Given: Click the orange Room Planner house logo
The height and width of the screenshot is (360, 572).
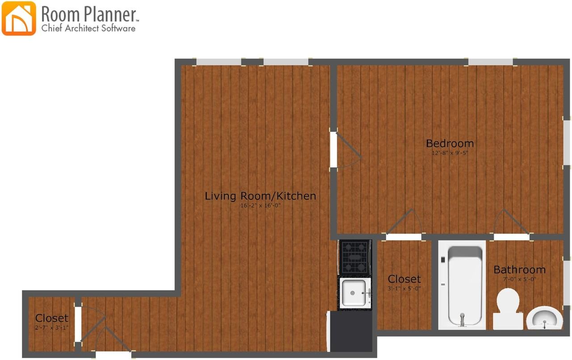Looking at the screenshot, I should [x=19, y=18].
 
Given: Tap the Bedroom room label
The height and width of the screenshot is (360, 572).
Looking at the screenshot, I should [x=450, y=144].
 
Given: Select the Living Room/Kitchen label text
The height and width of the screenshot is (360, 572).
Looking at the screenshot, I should [x=260, y=196].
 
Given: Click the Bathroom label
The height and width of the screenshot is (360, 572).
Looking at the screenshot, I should [x=519, y=270].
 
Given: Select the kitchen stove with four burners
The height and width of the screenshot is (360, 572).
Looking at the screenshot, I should [x=355, y=258].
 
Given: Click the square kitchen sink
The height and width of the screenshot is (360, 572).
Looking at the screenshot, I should [x=355, y=293].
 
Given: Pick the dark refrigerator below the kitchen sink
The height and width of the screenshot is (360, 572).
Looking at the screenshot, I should [x=351, y=331].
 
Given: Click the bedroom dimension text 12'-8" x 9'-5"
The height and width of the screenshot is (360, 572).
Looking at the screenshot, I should [x=450, y=153].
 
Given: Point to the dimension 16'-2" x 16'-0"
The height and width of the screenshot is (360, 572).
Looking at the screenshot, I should [x=260, y=206].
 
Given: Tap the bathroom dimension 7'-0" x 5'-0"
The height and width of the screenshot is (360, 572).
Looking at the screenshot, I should [x=519, y=279].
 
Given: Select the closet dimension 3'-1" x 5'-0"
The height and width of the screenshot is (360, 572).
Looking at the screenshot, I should [x=404, y=288].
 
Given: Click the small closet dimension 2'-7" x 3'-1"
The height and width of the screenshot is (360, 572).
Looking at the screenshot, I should [x=51, y=327].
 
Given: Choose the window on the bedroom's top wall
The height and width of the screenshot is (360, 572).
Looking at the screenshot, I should [x=491, y=62].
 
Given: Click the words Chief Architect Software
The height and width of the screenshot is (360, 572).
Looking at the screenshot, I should [x=88, y=28].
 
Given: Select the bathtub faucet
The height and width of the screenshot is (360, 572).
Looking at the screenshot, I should [x=463, y=318].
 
